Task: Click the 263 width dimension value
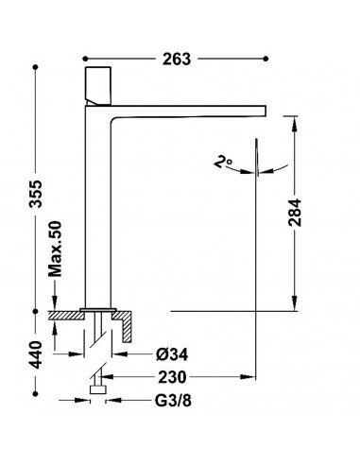tap(177, 60)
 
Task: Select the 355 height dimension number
tap(36, 194)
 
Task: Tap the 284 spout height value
tap(295, 213)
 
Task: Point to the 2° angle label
tap(223, 163)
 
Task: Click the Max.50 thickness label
tap(56, 249)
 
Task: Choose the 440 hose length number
tap(36, 354)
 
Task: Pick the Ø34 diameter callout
tap(172, 354)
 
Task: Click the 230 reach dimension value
tap(172, 377)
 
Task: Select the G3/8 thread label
tap(173, 401)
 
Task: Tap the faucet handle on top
tap(98, 86)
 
